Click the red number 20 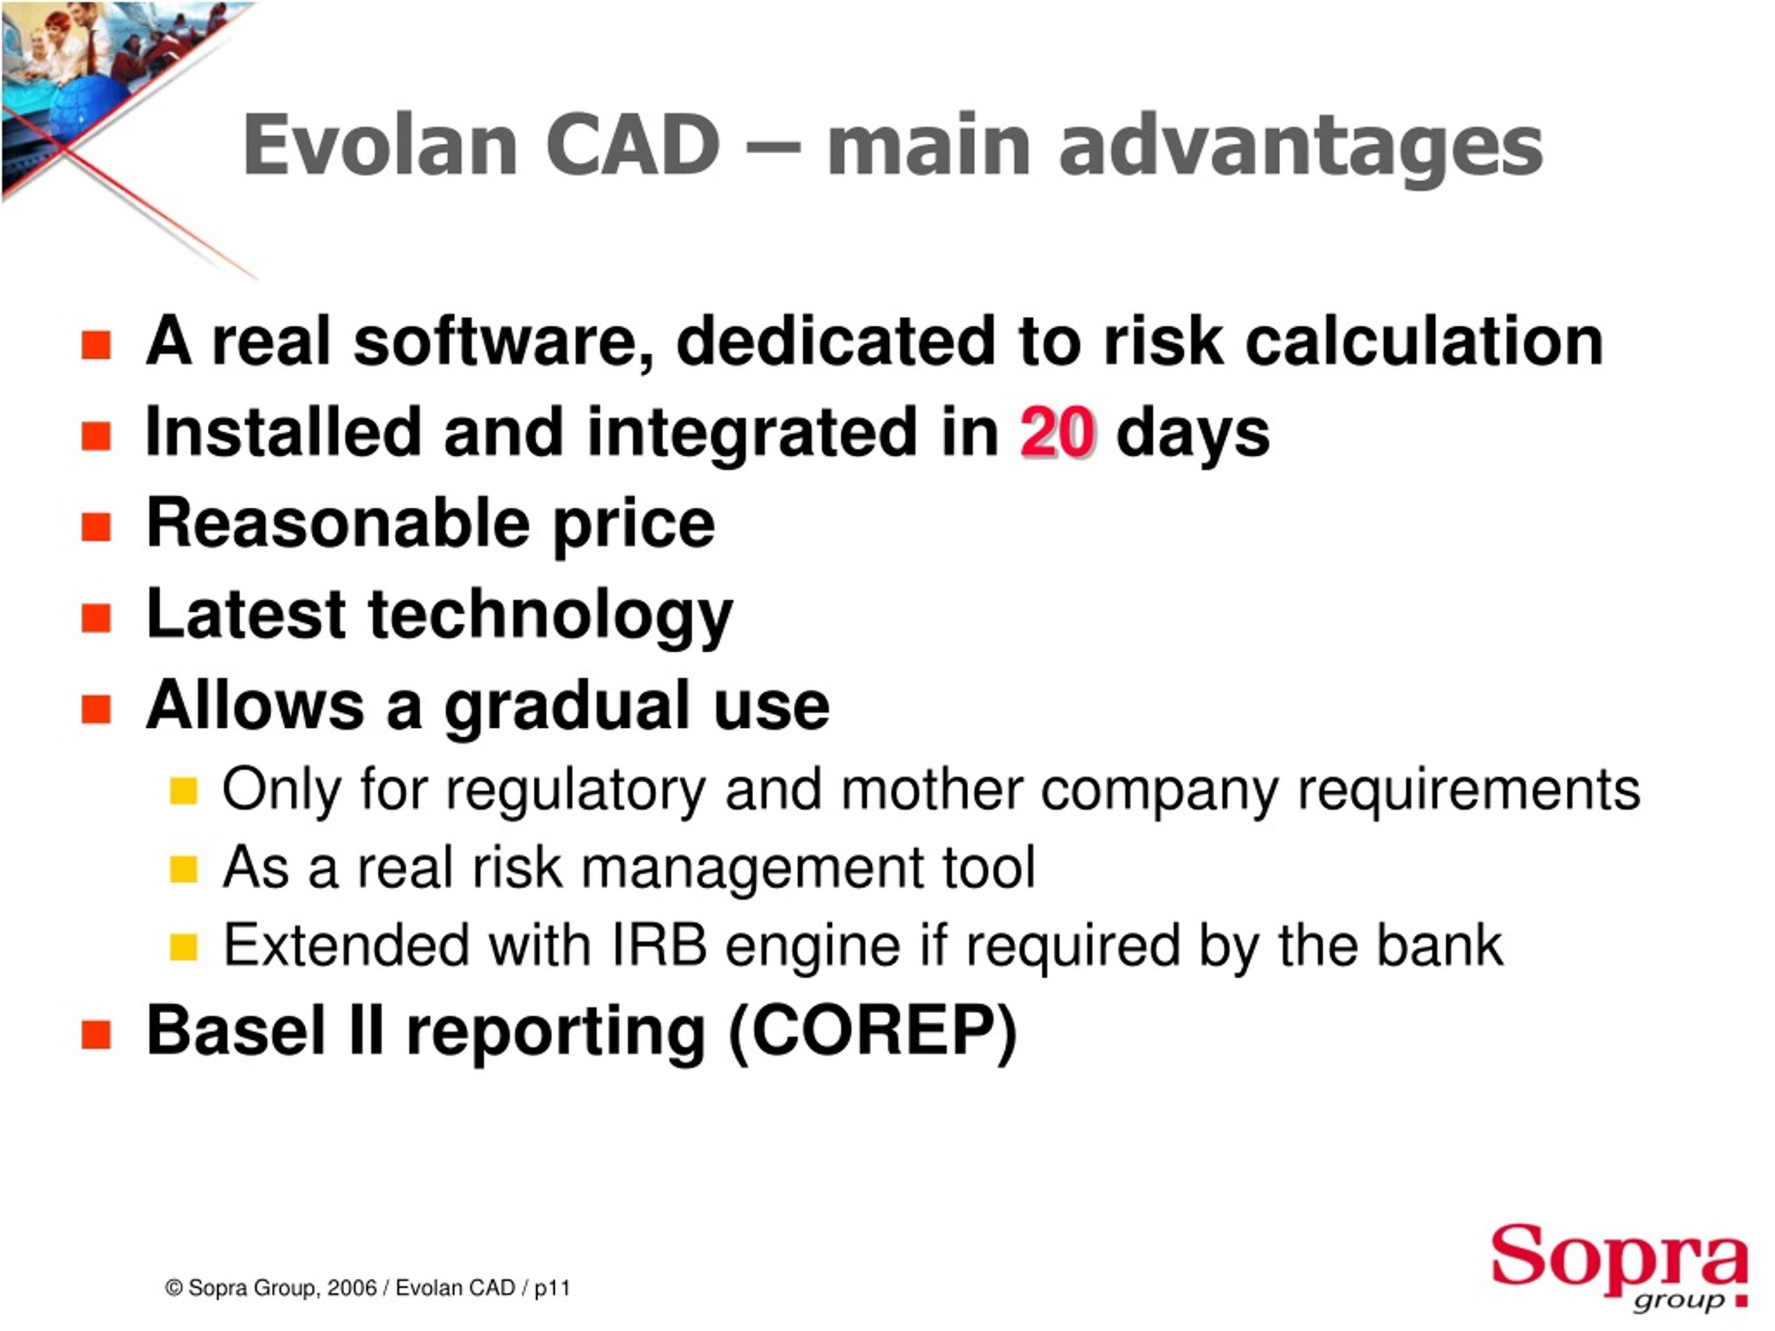[1057, 433]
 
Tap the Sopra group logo [1618, 1268]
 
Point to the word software [504, 342]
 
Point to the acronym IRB [659, 945]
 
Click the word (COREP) [873, 1031]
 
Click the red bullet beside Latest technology [96, 618]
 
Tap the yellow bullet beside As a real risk [184, 869]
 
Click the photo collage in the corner [104, 80]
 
